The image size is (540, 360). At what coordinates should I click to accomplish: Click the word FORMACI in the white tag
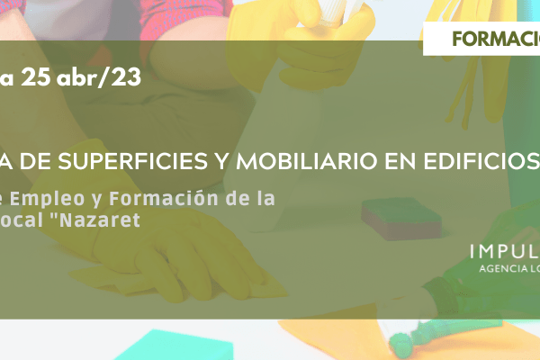(x=496, y=39)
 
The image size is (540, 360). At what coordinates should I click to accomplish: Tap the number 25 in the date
(x=36, y=76)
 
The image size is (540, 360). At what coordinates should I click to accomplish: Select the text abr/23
(x=99, y=77)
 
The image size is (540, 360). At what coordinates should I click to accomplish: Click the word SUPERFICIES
(x=133, y=161)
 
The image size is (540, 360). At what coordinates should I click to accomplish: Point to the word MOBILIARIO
(x=307, y=161)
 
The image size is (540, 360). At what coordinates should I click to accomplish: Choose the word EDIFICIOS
(x=481, y=161)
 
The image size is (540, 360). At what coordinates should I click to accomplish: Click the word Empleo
(x=47, y=200)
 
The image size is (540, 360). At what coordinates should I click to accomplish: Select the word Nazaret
(x=100, y=220)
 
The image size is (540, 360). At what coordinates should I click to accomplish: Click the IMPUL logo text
(x=505, y=252)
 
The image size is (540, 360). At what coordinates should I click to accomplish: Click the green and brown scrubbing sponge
(x=401, y=219)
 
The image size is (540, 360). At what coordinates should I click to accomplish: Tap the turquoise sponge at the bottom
(x=175, y=346)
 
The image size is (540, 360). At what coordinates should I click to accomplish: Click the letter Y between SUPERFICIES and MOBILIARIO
(x=221, y=161)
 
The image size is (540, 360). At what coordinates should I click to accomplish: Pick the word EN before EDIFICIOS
(x=400, y=161)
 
